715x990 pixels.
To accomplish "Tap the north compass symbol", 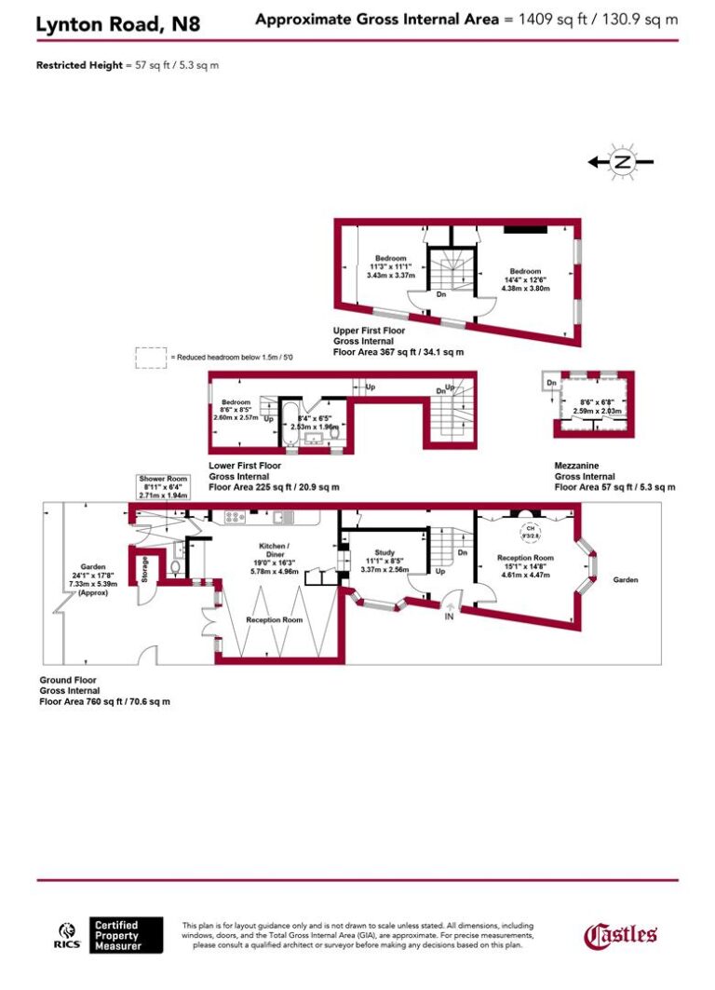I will [x=623, y=162].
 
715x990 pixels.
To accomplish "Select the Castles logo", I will [x=620, y=934].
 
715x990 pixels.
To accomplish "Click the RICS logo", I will [x=68, y=934].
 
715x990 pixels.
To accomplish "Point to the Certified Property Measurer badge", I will [x=127, y=935].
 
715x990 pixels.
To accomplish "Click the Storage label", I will [x=144, y=568].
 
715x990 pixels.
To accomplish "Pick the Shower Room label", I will [x=163, y=479].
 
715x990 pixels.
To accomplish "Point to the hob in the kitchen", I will [x=233, y=516].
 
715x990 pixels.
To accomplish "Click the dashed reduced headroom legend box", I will [x=150, y=358].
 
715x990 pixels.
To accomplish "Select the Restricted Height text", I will [x=78, y=65].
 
